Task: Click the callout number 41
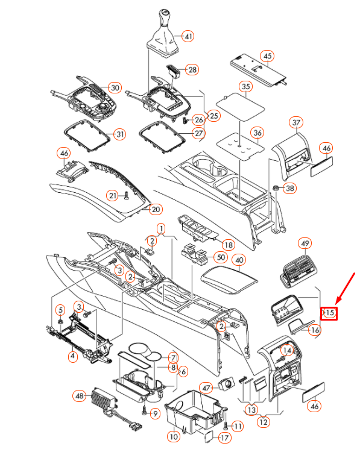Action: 188,36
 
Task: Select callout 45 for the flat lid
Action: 267,56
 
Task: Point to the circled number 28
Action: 192,69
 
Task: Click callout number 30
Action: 115,87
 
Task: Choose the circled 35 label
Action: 246,86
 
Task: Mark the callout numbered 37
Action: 296,122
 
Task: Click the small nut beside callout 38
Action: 275,187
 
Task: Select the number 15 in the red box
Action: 329,313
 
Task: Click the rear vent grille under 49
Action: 298,272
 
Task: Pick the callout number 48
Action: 80,396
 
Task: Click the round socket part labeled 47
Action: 227,383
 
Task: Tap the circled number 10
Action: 174,436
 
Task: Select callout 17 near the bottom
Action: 224,438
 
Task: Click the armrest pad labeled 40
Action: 229,280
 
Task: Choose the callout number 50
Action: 221,257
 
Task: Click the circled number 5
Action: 60,310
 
